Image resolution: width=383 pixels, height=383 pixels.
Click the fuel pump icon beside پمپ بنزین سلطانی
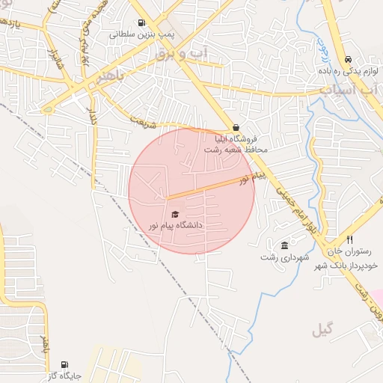coord(141,22)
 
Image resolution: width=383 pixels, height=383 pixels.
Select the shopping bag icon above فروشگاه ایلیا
coord(236,127)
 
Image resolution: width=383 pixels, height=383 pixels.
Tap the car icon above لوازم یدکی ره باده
coord(348,60)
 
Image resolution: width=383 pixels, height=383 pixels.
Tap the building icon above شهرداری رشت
coord(284,245)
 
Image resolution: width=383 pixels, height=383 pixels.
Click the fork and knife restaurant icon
coord(349,239)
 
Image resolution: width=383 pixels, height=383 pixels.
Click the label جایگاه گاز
coord(64,376)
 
